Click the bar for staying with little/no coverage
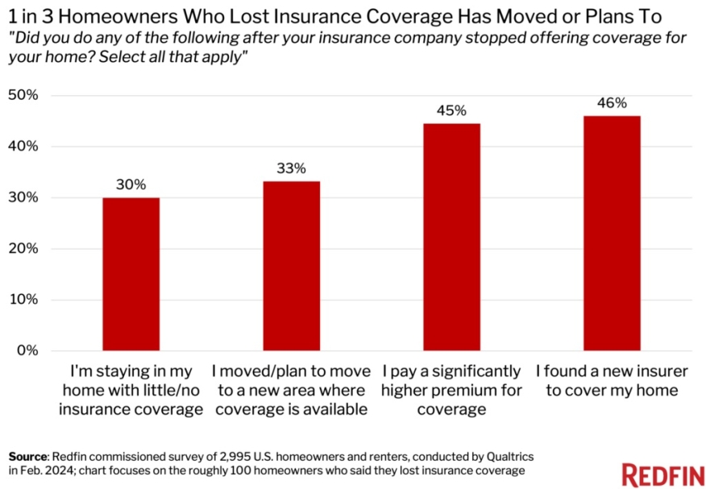click(x=131, y=274)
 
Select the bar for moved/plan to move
click(x=291, y=266)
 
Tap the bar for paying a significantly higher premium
click(x=451, y=237)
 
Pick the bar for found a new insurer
click(x=612, y=234)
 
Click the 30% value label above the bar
click(x=131, y=184)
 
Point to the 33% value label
click(x=291, y=168)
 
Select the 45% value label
click(x=451, y=110)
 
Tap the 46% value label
click(x=612, y=103)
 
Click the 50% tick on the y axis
click(x=23, y=95)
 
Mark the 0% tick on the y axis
click(x=27, y=350)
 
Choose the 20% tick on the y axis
click(x=23, y=248)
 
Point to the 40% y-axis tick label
click(x=23, y=146)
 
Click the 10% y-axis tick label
click(x=23, y=300)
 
